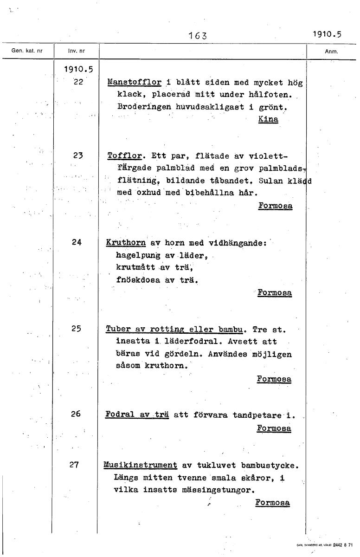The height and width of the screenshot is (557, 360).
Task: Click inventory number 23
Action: point(77,156)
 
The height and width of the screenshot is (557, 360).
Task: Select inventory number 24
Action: point(77,242)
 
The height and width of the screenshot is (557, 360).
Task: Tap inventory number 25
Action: point(77,328)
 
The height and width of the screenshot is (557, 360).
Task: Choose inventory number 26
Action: point(77,414)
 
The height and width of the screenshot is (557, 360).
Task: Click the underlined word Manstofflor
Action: point(134,83)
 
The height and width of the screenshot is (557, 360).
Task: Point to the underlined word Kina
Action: point(268,119)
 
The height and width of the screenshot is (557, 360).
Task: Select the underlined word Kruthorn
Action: point(126,242)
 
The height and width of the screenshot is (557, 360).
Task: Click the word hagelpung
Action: point(138,255)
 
